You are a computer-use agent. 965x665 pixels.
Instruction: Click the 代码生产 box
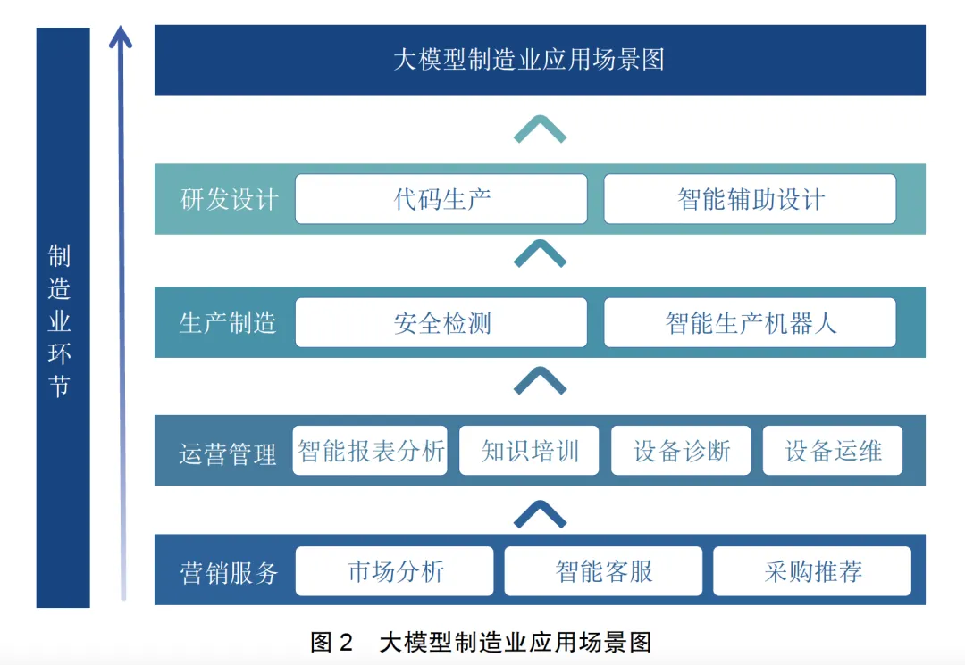coord(441,198)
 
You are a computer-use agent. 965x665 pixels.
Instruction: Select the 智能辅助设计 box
coord(750,198)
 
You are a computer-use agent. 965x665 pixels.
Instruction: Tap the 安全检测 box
coord(441,322)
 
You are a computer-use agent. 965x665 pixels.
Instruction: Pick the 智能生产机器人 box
coord(750,322)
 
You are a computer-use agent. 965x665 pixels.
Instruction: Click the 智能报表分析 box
coord(370,451)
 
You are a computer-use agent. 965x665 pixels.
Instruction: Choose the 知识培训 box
coord(530,451)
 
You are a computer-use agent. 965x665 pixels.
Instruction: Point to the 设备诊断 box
coord(682,451)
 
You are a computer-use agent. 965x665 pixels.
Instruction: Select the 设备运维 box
coord(833,451)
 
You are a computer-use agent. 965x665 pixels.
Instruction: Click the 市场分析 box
coord(394,571)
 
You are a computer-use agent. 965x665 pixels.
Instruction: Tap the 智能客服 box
coord(603,571)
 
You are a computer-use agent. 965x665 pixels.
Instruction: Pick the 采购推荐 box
coord(812,571)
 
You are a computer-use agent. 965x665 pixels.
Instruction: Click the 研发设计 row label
coord(229,199)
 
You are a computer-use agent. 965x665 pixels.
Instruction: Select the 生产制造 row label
coord(228,322)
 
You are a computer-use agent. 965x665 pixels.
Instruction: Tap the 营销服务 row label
coord(230,572)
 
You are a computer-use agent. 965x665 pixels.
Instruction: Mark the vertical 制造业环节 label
coord(60,321)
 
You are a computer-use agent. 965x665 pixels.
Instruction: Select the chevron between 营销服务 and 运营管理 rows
coord(540,514)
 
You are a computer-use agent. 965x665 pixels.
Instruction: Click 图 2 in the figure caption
coord(331,642)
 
